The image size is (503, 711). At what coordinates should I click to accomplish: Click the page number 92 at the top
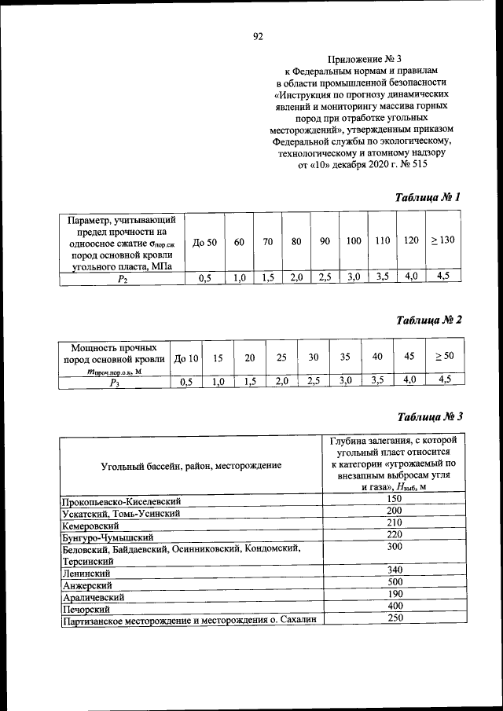coord(257,36)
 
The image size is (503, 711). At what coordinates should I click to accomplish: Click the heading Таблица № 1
coord(428,197)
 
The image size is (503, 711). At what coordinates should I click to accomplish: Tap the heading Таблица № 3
coord(428,416)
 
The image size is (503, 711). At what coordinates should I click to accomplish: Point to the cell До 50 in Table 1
coord(204,242)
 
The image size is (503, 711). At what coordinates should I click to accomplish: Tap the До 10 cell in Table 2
coord(186,358)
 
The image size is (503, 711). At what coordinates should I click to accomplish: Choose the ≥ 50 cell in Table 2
coord(444,357)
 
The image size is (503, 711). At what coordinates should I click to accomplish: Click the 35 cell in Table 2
coord(345,357)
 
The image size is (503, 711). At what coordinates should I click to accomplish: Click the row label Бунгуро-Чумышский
coord(107,538)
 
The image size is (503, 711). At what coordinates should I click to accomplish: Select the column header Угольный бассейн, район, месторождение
coord(191,466)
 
